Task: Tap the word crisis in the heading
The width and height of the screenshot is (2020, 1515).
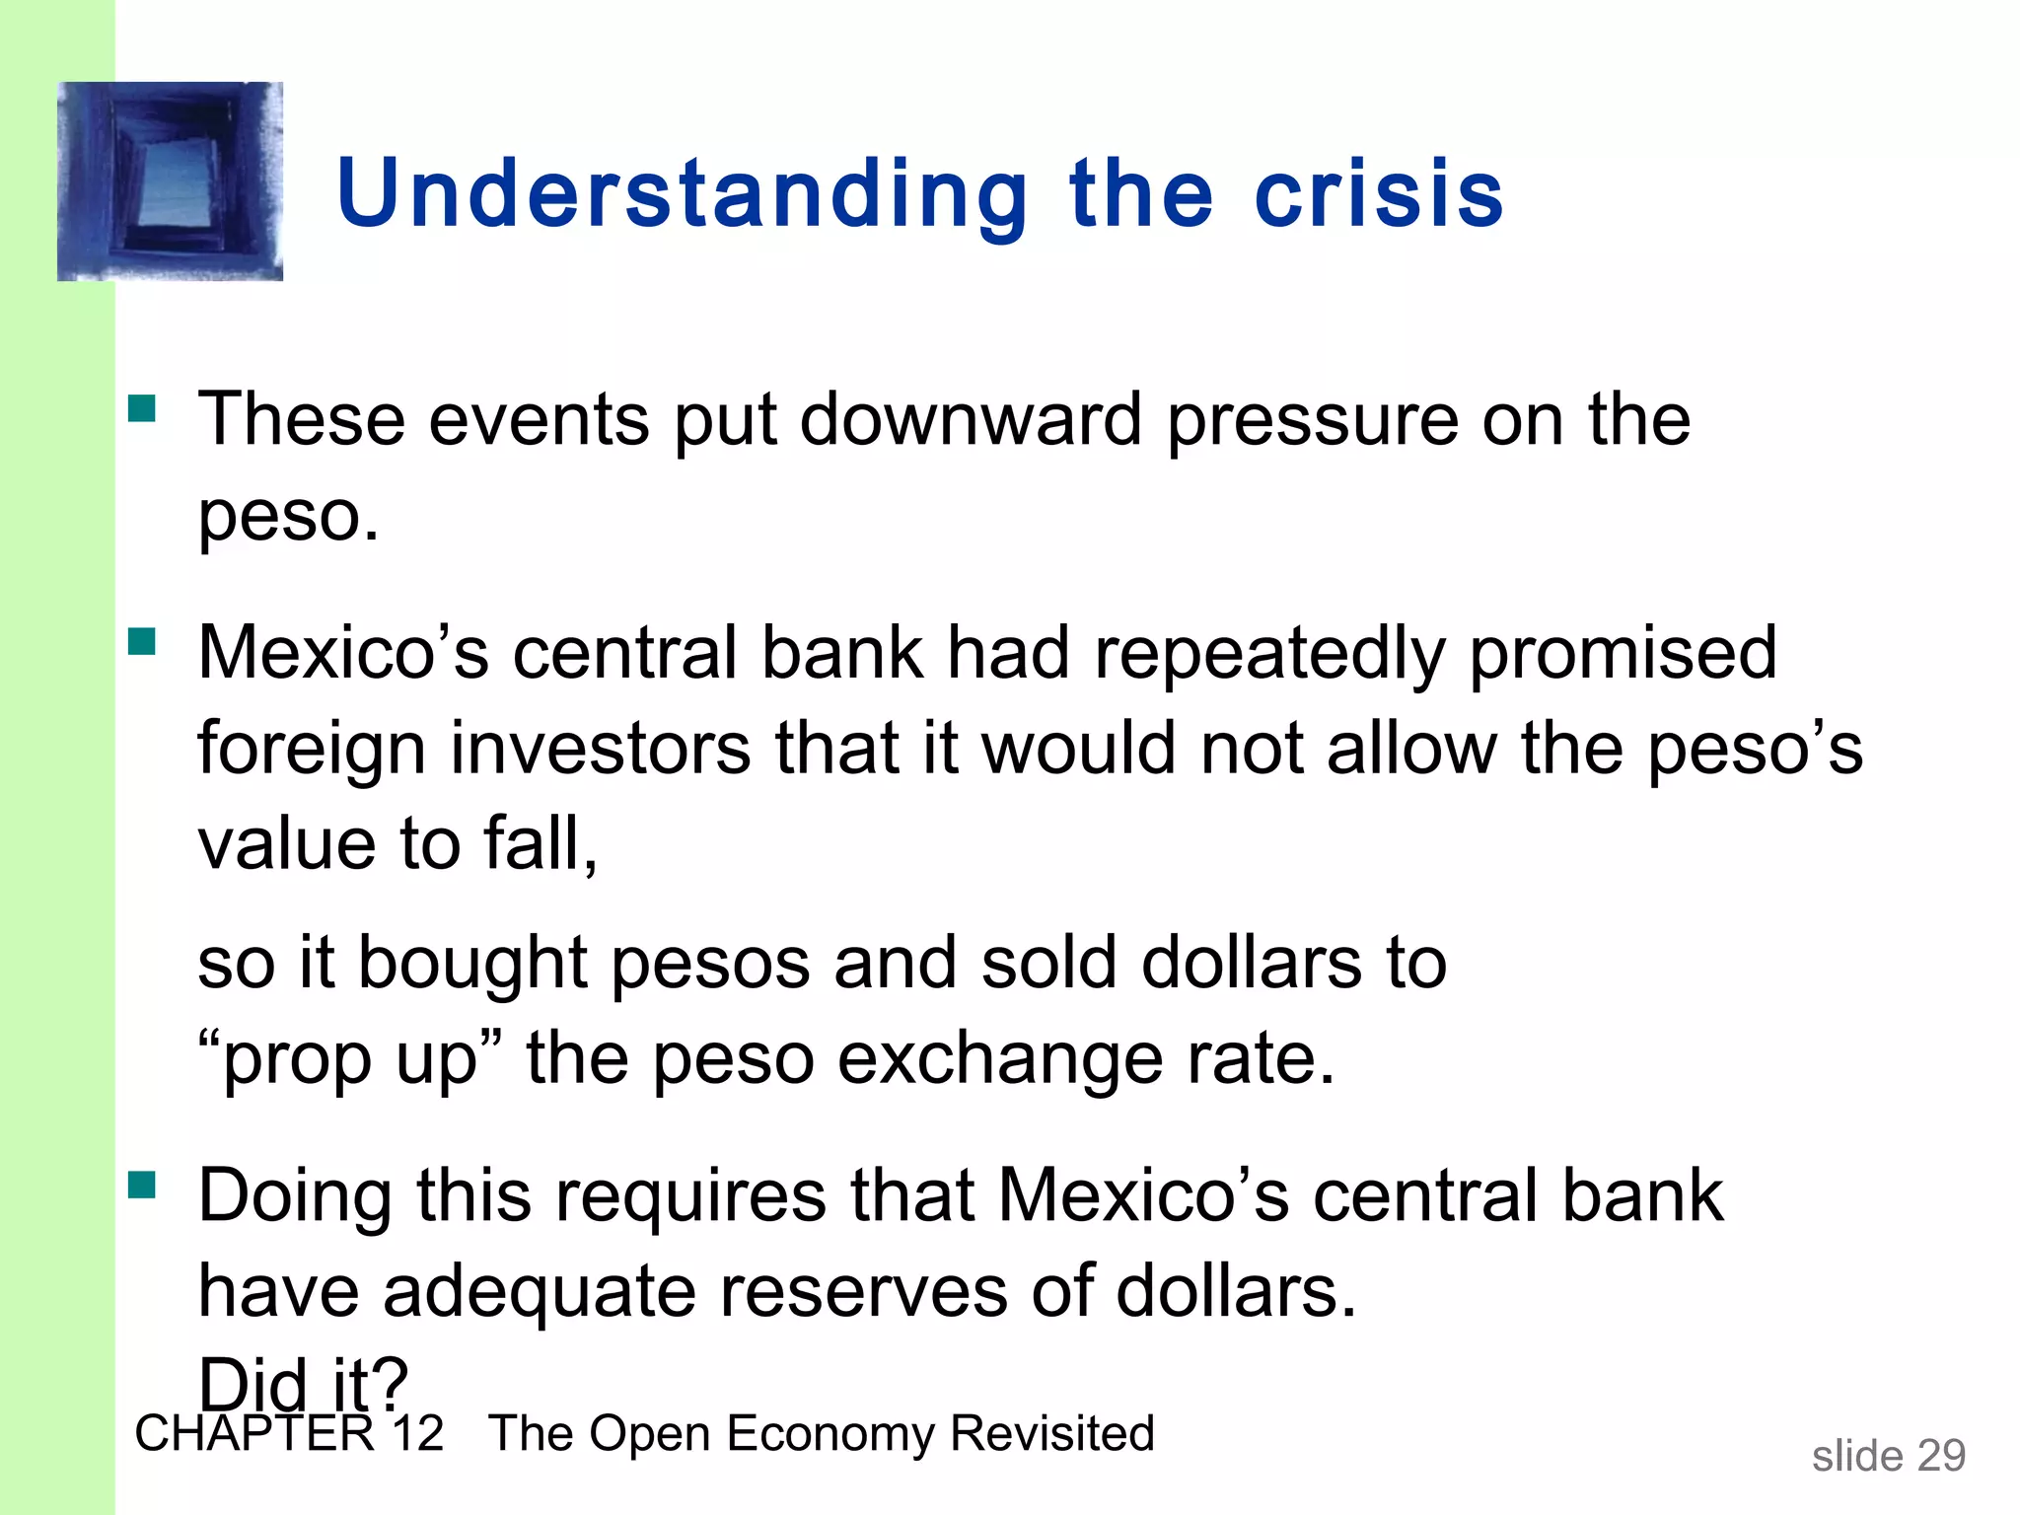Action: [1379, 194]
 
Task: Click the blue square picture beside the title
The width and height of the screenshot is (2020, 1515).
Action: [171, 181]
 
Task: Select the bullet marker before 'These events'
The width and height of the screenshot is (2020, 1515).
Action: [142, 408]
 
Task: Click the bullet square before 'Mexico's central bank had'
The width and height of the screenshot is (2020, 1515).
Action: [142, 642]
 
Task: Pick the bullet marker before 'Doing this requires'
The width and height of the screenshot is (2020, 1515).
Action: [142, 1184]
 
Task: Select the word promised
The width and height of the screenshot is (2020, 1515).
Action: [1623, 654]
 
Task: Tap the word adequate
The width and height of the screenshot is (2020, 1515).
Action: [540, 1291]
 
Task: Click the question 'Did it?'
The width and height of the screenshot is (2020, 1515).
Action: [303, 1384]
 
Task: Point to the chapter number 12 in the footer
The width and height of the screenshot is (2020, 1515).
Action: [417, 1433]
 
